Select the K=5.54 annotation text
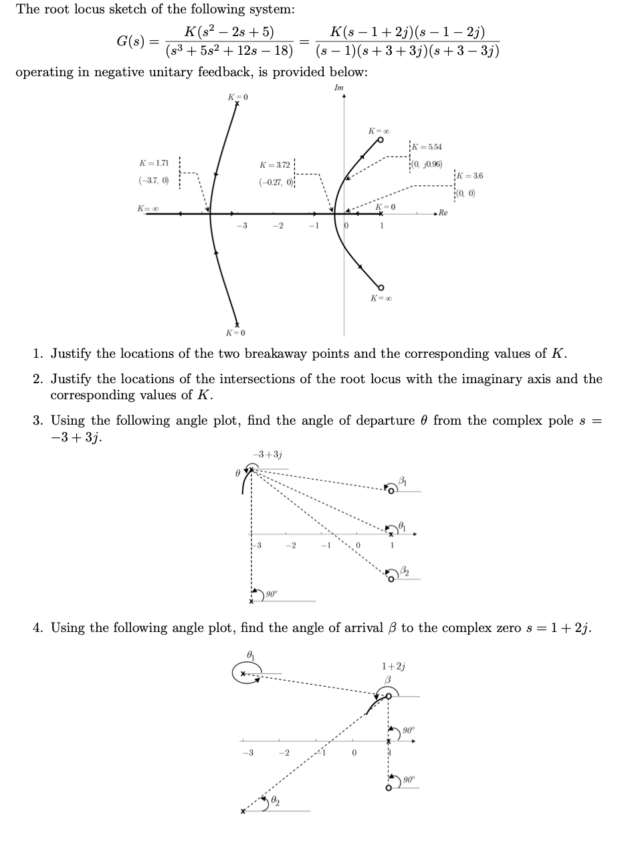pos(428,147)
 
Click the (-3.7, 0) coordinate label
pos(154,181)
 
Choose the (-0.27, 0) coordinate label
pos(274,182)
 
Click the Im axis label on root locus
pos(339,88)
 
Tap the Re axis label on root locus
pos(444,213)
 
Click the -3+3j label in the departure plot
pos(267,455)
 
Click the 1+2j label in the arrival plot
pos(393,666)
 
